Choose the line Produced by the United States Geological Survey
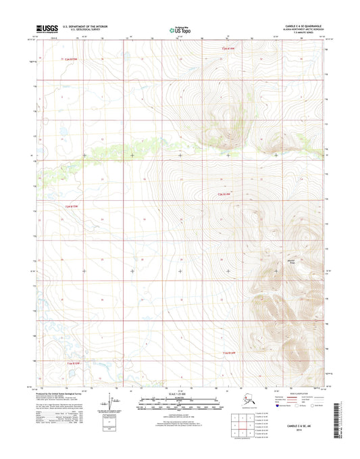click(x=64, y=391)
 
